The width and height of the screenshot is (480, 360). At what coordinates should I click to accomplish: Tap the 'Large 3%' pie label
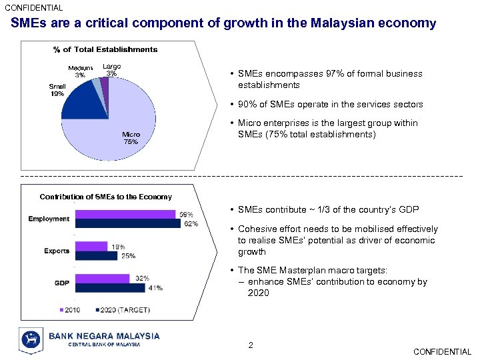click(111, 69)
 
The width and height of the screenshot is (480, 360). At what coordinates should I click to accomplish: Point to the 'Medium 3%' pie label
click(80, 72)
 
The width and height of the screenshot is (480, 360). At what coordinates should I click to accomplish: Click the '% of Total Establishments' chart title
click(105, 49)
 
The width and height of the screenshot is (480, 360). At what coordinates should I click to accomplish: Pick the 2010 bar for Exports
click(91, 246)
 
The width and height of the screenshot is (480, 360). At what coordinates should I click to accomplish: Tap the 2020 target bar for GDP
click(111, 288)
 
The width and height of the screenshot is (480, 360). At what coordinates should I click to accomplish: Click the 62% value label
click(191, 224)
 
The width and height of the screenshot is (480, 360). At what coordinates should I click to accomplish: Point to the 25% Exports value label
click(129, 256)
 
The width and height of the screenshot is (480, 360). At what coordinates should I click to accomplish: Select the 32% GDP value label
click(142, 278)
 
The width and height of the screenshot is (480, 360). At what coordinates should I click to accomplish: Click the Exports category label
click(57, 251)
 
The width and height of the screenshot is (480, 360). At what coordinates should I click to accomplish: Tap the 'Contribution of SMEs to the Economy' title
click(105, 197)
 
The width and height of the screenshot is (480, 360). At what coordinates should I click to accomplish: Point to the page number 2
click(251, 345)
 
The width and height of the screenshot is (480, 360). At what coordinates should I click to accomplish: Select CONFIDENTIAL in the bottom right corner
click(442, 352)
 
